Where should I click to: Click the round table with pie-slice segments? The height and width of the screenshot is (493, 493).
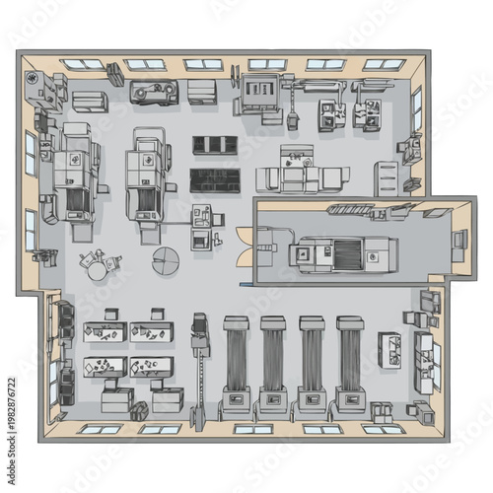166,261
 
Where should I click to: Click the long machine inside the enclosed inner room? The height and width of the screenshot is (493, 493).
342,253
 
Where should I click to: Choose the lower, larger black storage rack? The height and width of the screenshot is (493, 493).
215,180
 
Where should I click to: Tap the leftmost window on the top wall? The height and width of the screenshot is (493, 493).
83,64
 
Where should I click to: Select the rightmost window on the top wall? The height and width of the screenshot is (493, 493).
385,64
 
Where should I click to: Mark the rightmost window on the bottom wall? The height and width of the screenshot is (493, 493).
383,429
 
